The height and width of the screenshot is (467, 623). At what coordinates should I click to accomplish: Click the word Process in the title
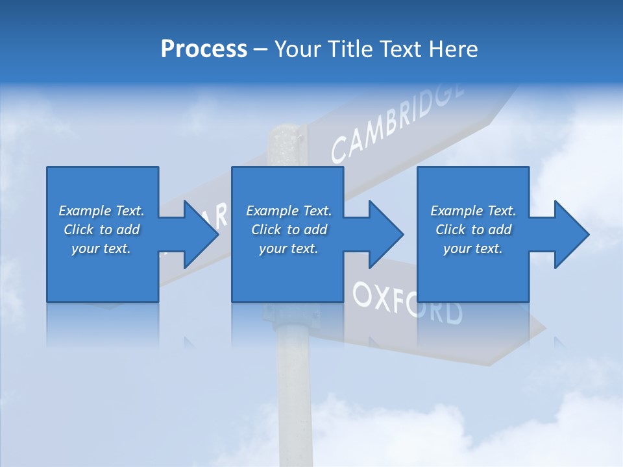[x=204, y=49]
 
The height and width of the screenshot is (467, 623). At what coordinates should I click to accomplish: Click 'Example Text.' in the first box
[x=101, y=211]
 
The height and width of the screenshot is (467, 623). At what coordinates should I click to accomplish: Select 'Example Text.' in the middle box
[x=289, y=211]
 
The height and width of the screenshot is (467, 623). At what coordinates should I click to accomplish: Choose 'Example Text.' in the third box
[x=473, y=211]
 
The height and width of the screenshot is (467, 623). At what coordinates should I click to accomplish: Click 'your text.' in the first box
[x=101, y=248]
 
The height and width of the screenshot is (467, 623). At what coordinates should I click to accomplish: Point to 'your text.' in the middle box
[x=289, y=248]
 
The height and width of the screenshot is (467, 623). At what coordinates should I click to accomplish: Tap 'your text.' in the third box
[x=473, y=248]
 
